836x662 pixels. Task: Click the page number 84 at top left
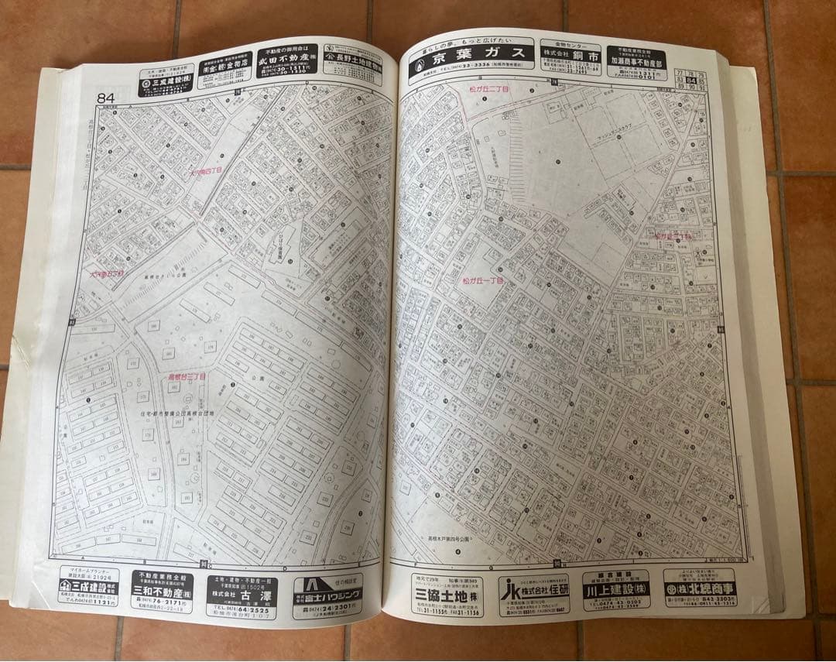tap(106, 98)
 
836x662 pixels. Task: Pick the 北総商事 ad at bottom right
tap(698, 588)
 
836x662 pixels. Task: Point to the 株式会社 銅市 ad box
tap(570, 57)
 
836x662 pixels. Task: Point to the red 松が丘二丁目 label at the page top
tap(489, 90)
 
